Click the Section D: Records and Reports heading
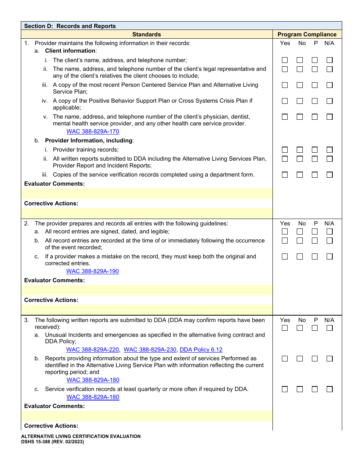70,26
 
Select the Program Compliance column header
307,34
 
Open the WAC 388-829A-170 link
93,131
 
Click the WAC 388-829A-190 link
92,271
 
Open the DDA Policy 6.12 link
201,350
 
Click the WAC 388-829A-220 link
92,350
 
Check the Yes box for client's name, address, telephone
285,60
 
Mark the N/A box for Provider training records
330,150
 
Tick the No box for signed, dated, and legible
300,231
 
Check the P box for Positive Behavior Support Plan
315,101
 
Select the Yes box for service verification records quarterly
285,389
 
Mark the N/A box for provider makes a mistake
330,256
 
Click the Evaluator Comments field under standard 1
147,194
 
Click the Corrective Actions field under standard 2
147,310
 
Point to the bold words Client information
70,51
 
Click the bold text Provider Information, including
89,141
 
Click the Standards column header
147,34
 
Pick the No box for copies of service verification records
300,175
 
